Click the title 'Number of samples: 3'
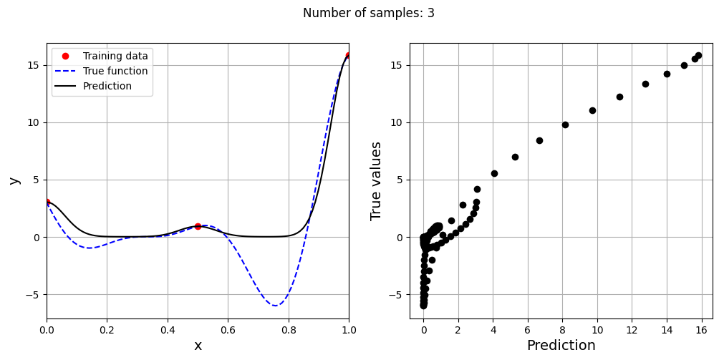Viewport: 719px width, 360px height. click(368, 13)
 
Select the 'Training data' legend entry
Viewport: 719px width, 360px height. click(115, 56)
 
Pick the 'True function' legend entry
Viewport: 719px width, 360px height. click(115, 71)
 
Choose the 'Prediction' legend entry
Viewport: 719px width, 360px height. click(107, 86)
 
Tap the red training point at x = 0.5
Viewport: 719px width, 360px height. click(198, 226)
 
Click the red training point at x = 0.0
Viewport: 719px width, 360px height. click(47, 202)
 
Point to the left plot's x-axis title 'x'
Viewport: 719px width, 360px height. click(198, 346)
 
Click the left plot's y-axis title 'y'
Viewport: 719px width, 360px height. click(14, 180)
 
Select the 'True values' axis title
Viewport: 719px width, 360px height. click(377, 180)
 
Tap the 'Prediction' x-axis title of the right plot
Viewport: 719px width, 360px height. click(561, 346)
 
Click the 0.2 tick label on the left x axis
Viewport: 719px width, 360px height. click(107, 331)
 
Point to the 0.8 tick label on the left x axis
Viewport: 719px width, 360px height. click(289, 331)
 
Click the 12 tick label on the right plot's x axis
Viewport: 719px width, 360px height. click(632, 331)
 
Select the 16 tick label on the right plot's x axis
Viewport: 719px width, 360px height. click(701, 331)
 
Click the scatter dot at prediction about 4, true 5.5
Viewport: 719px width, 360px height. click(494, 173)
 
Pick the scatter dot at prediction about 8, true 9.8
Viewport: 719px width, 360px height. click(565, 125)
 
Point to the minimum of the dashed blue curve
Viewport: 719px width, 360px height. click(275, 306)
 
